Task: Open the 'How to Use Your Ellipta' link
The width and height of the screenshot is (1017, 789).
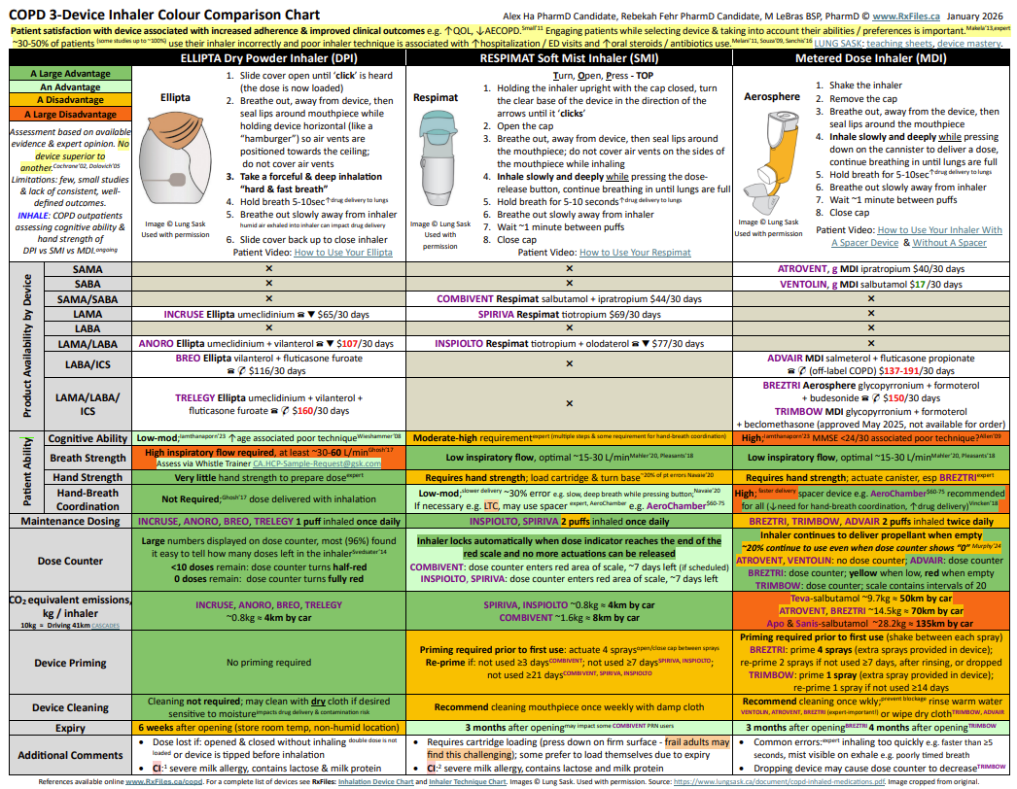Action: pyautogui.click(x=343, y=252)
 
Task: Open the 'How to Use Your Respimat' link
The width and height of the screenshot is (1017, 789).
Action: pyautogui.click(x=635, y=252)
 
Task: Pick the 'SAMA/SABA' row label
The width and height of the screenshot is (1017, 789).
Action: pyautogui.click(x=87, y=299)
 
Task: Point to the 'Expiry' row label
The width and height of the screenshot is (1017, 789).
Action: pyautogui.click(x=70, y=727)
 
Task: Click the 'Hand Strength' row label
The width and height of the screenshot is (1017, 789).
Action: pyautogui.click(x=87, y=477)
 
